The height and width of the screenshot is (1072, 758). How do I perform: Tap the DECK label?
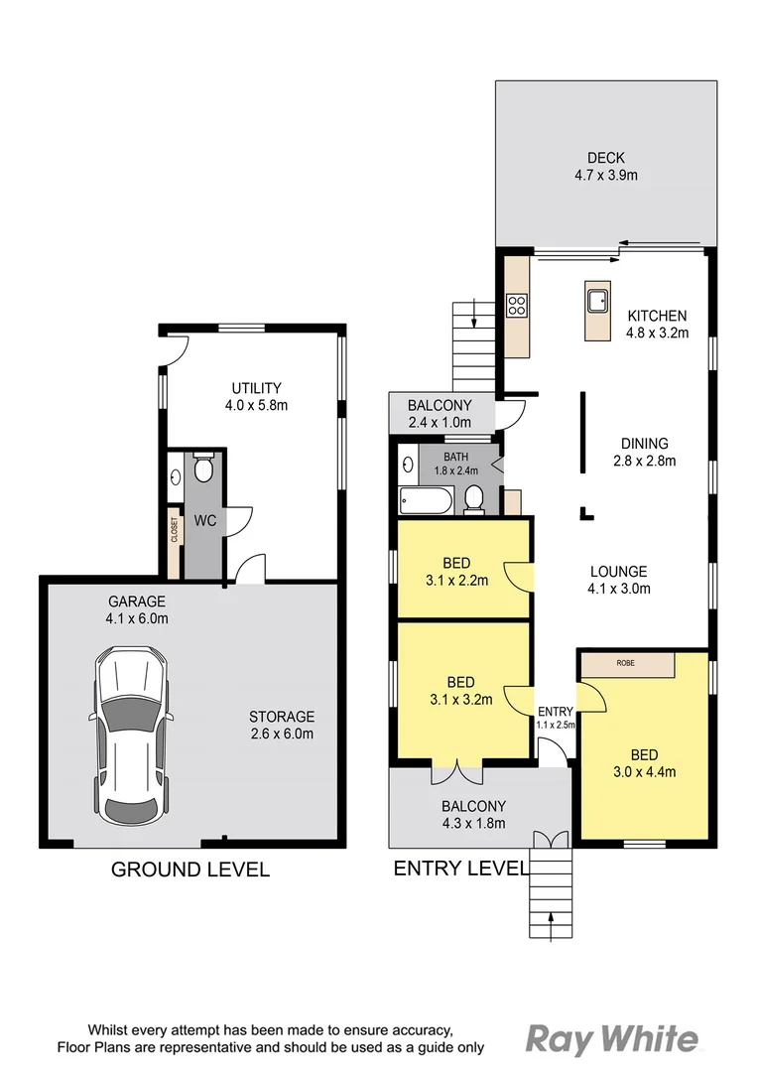click(x=605, y=158)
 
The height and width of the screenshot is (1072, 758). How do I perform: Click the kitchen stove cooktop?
click(x=517, y=306)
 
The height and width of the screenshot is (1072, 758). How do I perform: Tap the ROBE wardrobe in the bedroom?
click(x=627, y=663)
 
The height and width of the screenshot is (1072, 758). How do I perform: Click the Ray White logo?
click(x=610, y=1039)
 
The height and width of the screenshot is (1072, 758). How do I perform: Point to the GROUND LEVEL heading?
click(x=189, y=870)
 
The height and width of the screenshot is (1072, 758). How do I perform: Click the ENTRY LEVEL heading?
click(x=460, y=869)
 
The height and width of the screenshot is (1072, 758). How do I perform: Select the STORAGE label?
click(x=282, y=716)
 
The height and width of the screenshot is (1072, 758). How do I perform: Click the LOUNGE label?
click(x=618, y=572)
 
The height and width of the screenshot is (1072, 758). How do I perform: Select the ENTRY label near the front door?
click(x=555, y=712)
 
